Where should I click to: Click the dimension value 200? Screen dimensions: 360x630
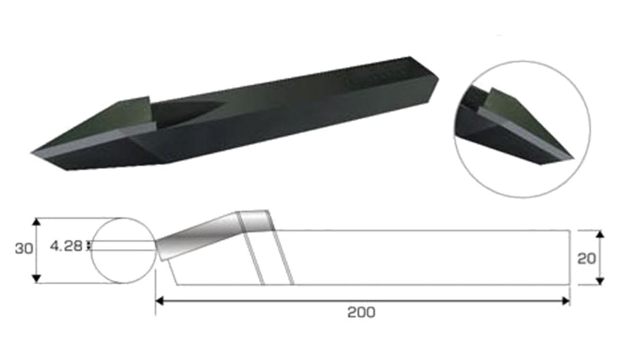(361, 312)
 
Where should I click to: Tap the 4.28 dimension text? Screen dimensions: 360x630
(66, 246)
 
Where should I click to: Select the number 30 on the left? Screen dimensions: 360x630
(23, 248)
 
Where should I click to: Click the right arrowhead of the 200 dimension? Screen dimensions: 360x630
(565, 301)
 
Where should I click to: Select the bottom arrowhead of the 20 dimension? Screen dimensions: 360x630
(600, 280)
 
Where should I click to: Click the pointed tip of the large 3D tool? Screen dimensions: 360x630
(33, 153)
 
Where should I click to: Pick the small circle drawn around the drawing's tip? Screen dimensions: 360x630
(123, 250)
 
